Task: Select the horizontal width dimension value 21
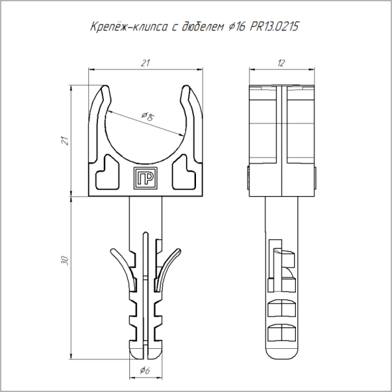pos(145,63)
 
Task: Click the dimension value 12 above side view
pos(282,63)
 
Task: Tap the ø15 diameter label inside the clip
pos(147,117)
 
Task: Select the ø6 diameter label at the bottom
pos(146,370)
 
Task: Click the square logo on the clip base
pos(144,176)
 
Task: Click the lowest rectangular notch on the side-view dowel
pos(281,332)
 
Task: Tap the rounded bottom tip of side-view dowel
pos(282,356)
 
